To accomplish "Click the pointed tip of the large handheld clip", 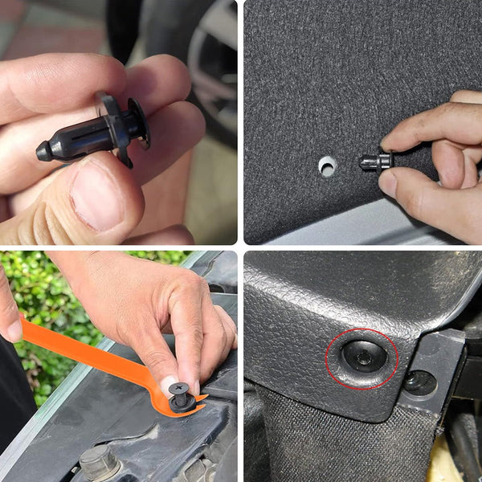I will tap(42, 150).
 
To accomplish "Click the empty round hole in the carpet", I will tap(327, 166).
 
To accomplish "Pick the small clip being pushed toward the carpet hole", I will tap(374, 161).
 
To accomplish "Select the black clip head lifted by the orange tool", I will tap(182, 396).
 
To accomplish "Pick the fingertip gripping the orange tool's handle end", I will tap(10, 321).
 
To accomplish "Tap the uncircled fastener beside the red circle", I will tap(420, 383).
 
